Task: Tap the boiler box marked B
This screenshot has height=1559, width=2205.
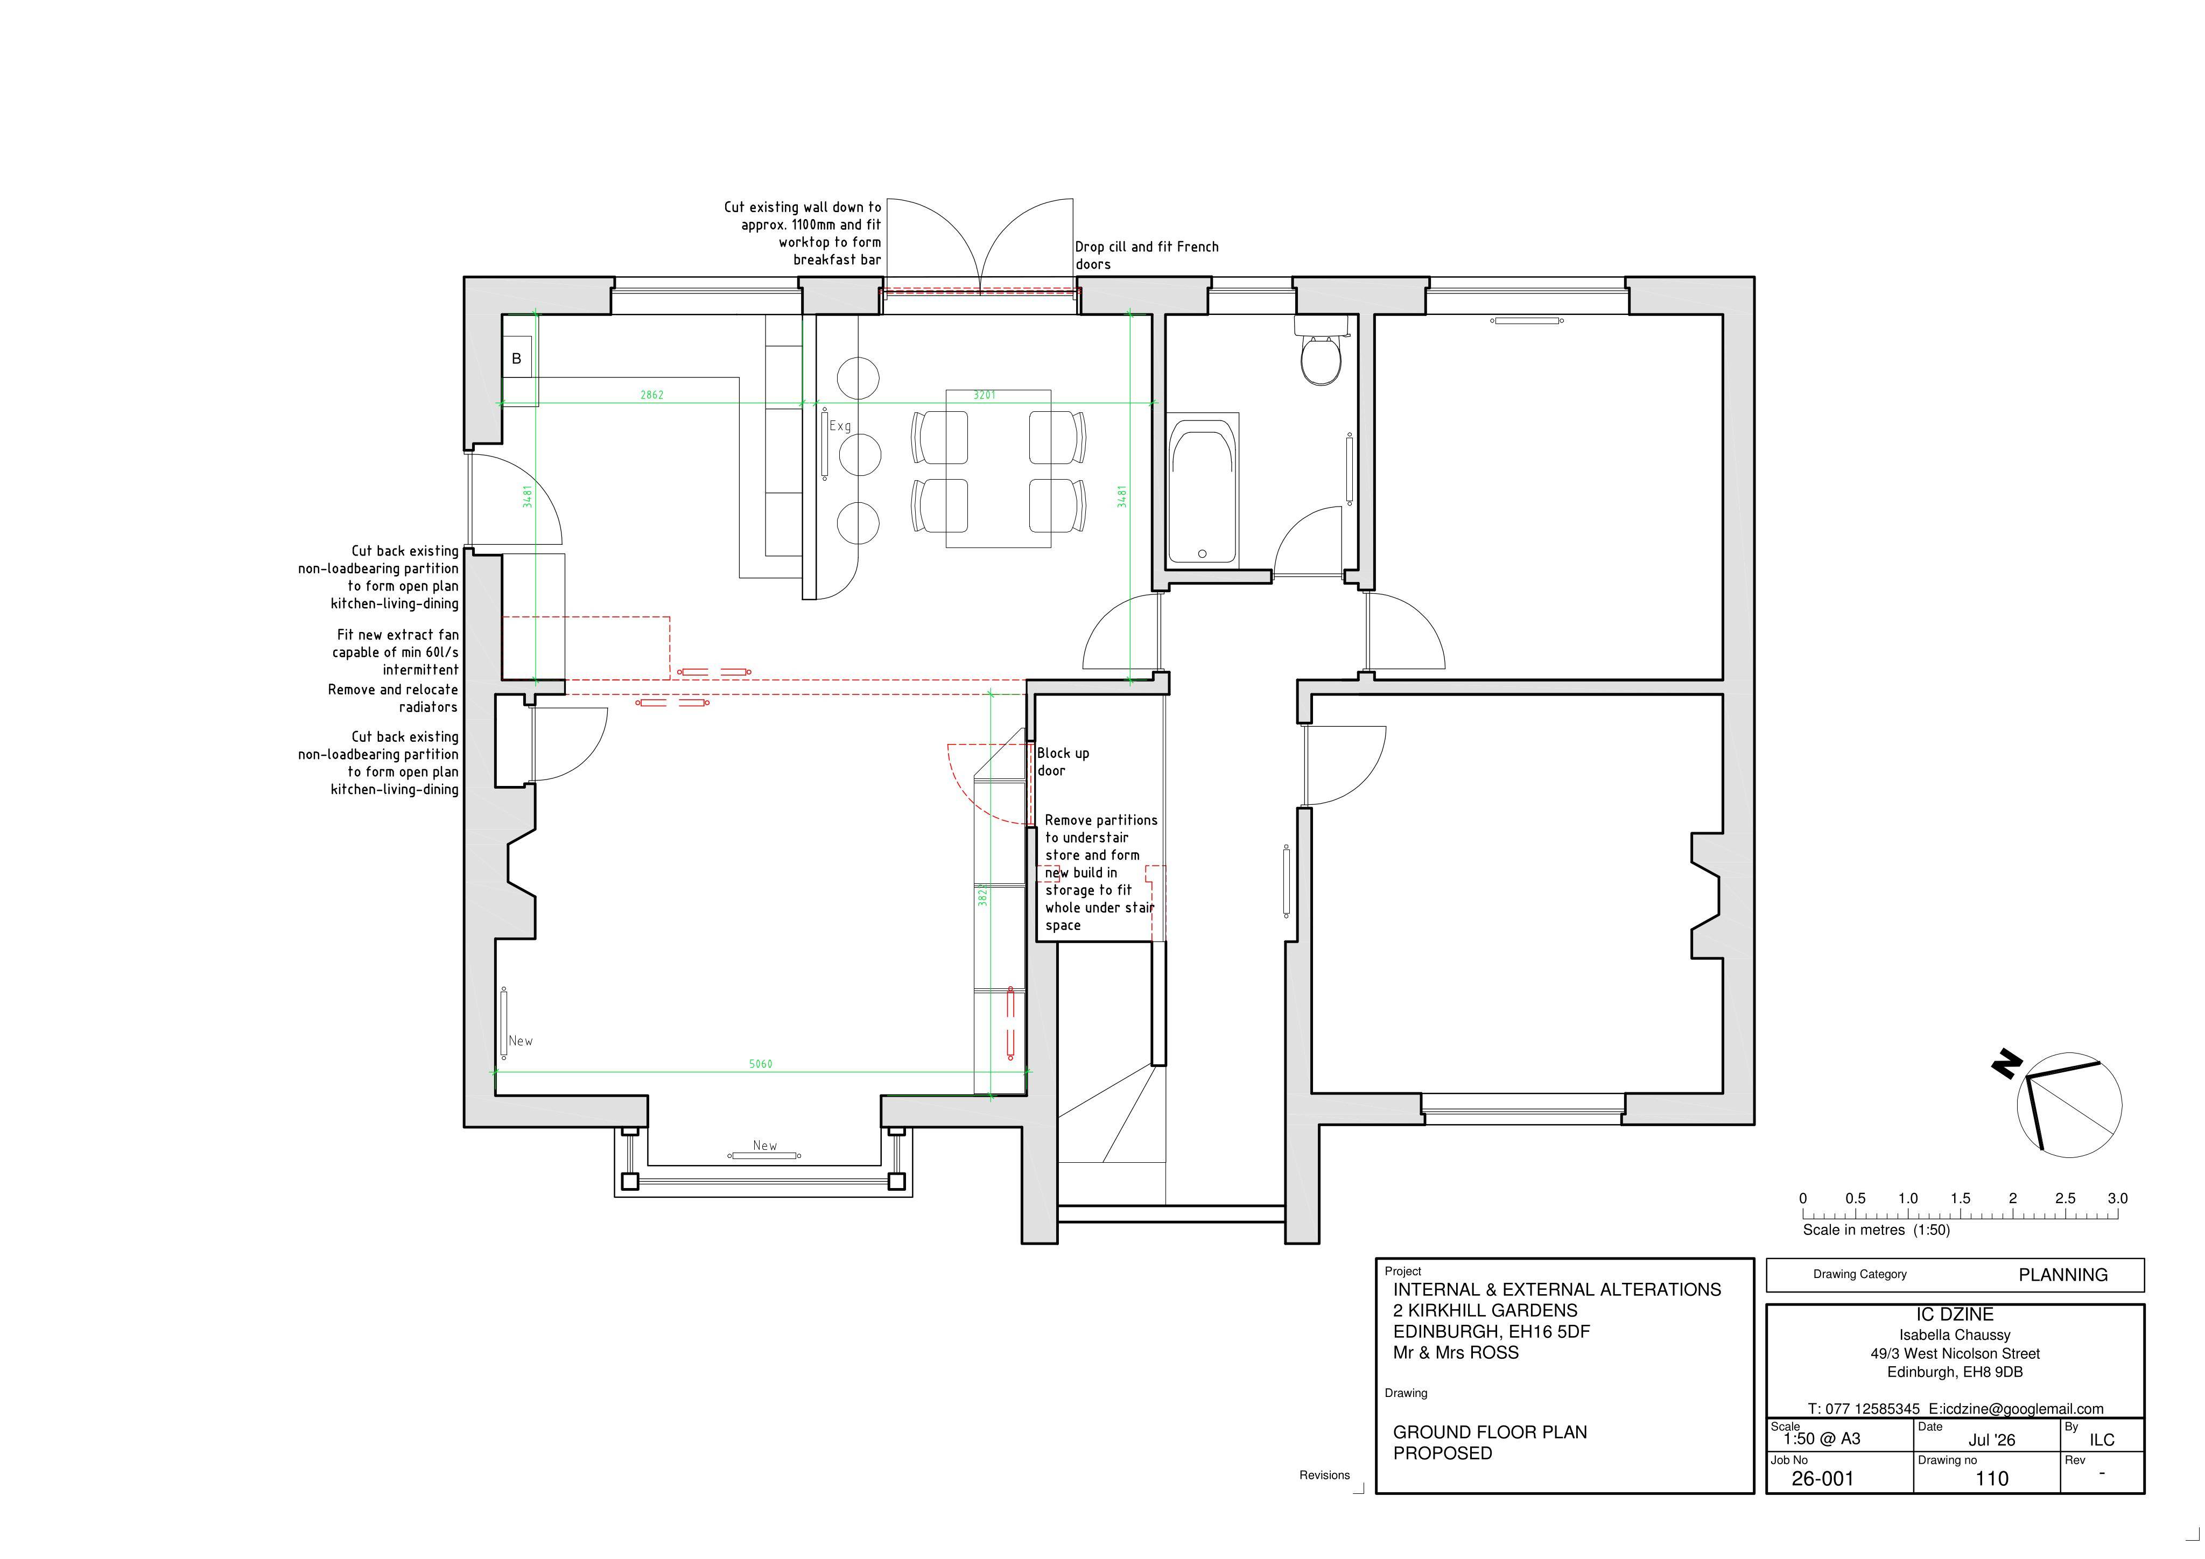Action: click(x=517, y=359)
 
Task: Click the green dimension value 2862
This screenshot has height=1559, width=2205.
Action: click(x=652, y=395)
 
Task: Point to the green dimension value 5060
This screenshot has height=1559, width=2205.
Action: click(x=761, y=1063)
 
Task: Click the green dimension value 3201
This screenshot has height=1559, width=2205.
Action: click(x=985, y=395)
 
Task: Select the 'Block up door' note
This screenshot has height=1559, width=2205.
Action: click(x=1063, y=762)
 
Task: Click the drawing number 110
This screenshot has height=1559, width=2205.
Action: click(x=1992, y=1478)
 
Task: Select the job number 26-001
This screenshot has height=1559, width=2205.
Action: click(x=1822, y=1478)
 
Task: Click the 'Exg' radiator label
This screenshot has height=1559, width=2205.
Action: click(x=840, y=425)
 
